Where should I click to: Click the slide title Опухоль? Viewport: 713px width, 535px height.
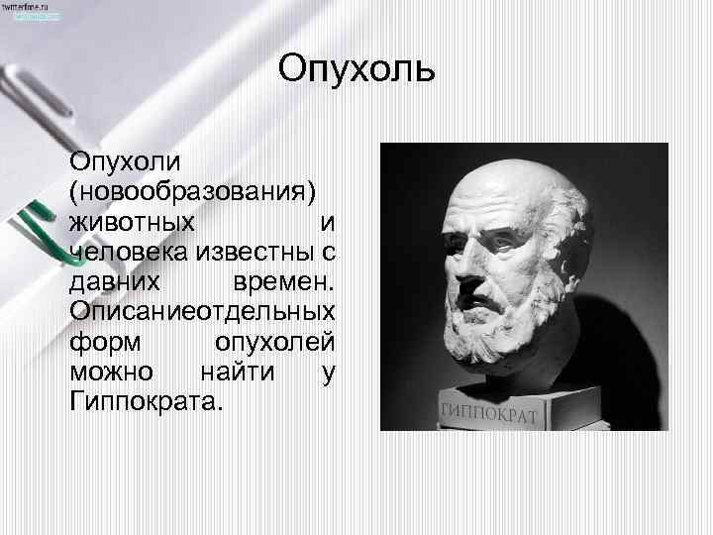356,70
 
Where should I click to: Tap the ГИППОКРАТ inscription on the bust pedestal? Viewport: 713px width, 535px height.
486,412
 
